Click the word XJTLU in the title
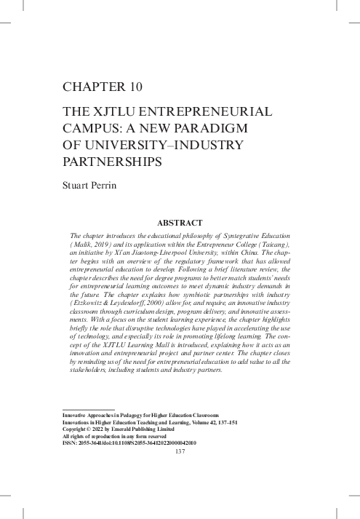click(116, 113)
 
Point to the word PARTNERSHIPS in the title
click(113, 160)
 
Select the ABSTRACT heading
click(180, 222)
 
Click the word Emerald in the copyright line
click(131, 428)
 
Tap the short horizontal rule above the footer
click(89, 408)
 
